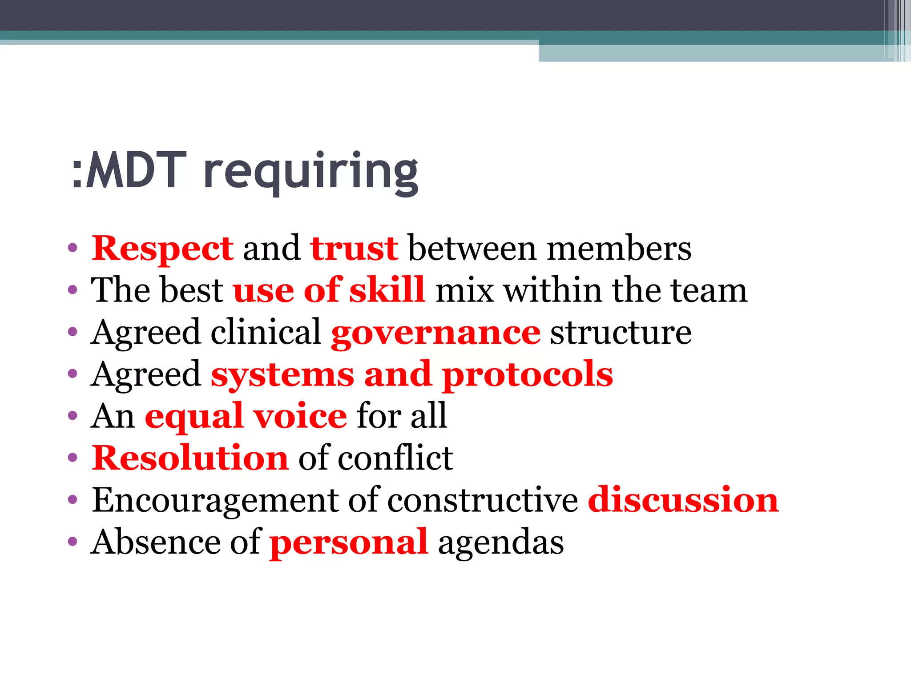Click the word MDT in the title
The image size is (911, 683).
[x=136, y=170]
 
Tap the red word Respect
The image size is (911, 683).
[x=162, y=248]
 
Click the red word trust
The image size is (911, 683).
[x=355, y=248]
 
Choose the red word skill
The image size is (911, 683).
[x=387, y=290]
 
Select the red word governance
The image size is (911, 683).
[x=436, y=333]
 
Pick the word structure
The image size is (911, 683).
[x=621, y=333]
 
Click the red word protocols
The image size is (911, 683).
[x=528, y=374]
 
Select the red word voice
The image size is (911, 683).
[x=300, y=416]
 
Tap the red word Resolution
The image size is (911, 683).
[x=190, y=458]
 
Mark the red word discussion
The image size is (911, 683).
[x=683, y=500]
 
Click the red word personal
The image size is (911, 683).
[x=349, y=542]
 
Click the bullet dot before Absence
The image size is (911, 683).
[x=73, y=542]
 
